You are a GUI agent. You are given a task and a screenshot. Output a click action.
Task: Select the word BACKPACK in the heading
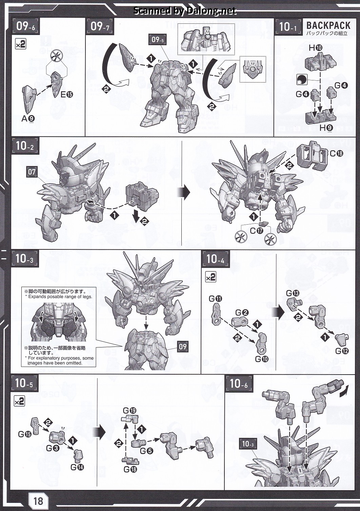328,25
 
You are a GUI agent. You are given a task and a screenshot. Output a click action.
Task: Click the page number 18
38,501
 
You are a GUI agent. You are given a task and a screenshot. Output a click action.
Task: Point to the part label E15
67,94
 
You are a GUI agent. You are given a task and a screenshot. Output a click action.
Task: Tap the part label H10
316,48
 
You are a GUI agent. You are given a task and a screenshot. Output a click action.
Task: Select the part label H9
326,128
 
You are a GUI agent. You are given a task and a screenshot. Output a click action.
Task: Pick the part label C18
336,153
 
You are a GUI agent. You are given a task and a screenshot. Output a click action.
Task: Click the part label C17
257,231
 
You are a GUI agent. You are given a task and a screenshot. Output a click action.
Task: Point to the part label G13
293,293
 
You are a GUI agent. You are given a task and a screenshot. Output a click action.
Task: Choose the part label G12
342,351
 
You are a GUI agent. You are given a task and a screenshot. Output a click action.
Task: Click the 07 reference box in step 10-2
32,171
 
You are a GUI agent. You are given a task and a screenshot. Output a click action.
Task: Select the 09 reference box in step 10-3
182,347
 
